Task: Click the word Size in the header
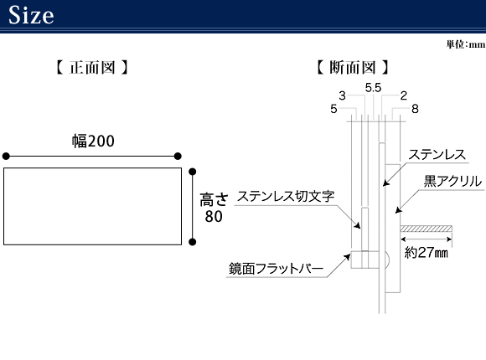[x=31, y=14]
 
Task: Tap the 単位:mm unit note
[x=466, y=44]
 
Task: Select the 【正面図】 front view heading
[x=92, y=67]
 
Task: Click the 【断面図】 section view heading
[x=353, y=67]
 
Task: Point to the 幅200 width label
[x=93, y=141]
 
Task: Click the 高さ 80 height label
[x=214, y=208]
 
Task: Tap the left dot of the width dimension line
[x=6, y=157]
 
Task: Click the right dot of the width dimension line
[x=178, y=157]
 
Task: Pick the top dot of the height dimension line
[x=192, y=172]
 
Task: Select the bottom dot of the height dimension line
[x=192, y=242]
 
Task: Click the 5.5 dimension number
[x=373, y=88]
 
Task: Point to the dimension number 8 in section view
[x=415, y=109]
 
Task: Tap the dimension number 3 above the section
[x=342, y=95]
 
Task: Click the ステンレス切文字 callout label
[x=286, y=196]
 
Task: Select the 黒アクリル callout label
[x=452, y=181]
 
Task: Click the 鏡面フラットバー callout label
[x=276, y=268]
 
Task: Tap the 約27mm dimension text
[x=427, y=253]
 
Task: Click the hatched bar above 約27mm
[x=426, y=229]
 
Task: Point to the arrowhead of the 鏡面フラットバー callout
[x=347, y=257]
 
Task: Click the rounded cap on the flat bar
[x=387, y=260]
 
